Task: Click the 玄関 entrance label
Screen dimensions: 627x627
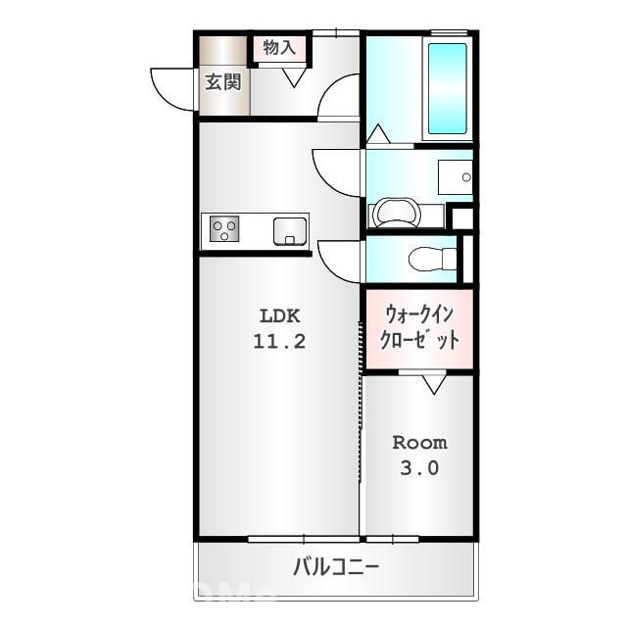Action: [x=222, y=81]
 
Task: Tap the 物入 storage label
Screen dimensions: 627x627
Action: [x=278, y=47]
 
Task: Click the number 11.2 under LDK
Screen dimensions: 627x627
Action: [x=281, y=342]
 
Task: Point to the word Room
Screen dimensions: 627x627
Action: [x=419, y=442]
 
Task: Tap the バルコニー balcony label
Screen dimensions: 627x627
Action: [x=335, y=567]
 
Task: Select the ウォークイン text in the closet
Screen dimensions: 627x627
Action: [x=418, y=315]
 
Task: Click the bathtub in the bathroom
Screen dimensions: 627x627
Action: [x=448, y=90]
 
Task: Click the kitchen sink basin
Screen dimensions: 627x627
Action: [x=290, y=231]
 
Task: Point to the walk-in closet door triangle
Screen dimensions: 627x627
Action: [x=433, y=383]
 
